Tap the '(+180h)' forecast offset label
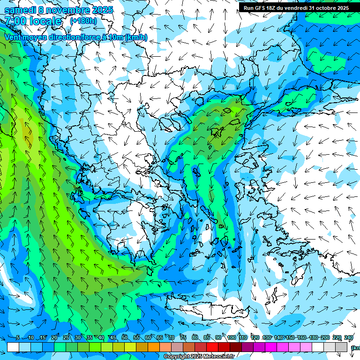[x=83, y=21]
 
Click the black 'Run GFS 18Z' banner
[x=296, y=8]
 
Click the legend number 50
[x=125, y=337]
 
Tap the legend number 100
[x=231, y=337]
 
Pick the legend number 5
[x=18, y=337]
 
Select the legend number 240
[x=348, y=337]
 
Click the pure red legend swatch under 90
[x=212, y=347]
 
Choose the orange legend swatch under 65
[x=154, y=347]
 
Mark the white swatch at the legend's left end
[x=13, y=347]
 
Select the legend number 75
[x=183, y=337]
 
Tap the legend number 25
[x=66, y=337]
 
